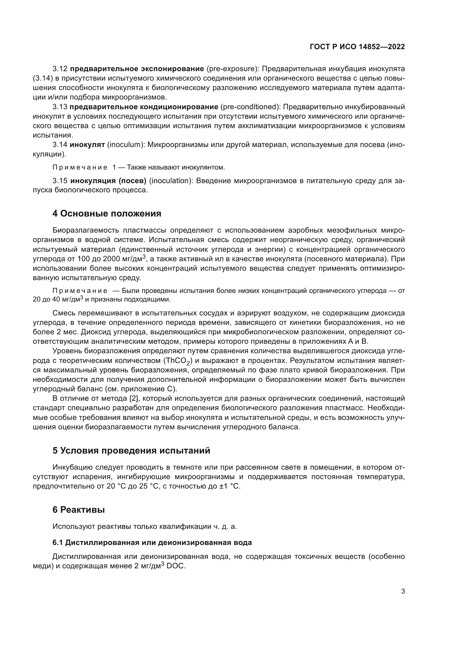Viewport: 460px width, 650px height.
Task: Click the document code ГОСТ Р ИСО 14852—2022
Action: point(357,47)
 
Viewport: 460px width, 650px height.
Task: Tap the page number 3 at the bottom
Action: point(403,591)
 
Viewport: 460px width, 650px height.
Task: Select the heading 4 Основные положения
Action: point(107,213)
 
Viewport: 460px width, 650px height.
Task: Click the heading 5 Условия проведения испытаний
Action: point(131,450)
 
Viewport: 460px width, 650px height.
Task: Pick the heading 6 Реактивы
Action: point(78,510)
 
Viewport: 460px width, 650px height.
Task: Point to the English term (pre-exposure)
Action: point(231,69)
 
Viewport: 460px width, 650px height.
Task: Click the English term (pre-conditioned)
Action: point(250,107)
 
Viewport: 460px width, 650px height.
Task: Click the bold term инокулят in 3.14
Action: point(87,145)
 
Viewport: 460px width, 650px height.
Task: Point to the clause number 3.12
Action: point(60,69)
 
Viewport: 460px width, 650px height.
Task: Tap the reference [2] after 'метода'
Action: point(133,398)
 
